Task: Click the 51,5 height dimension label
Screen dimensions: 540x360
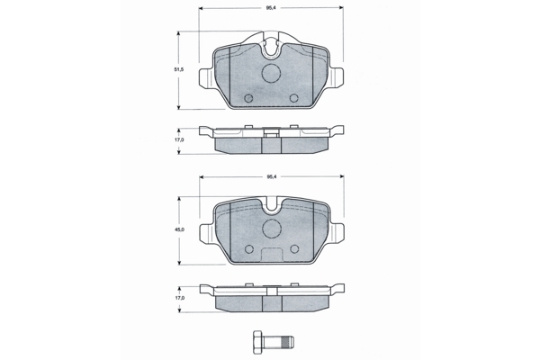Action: pos(178,69)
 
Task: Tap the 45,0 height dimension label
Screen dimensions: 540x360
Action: pos(179,229)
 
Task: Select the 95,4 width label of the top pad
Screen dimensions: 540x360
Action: pos(272,7)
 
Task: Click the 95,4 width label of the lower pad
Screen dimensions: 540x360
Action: pos(272,176)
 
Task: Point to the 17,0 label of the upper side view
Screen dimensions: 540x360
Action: pos(179,139)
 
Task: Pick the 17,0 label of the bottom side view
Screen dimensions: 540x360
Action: pos(179,298)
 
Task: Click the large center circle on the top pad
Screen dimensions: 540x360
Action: pos(271,73)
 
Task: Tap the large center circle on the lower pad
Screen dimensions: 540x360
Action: pos(272,228)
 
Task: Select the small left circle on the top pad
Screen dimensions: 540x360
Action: pos(248,98)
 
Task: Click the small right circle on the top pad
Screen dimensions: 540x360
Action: pos(293,98)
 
